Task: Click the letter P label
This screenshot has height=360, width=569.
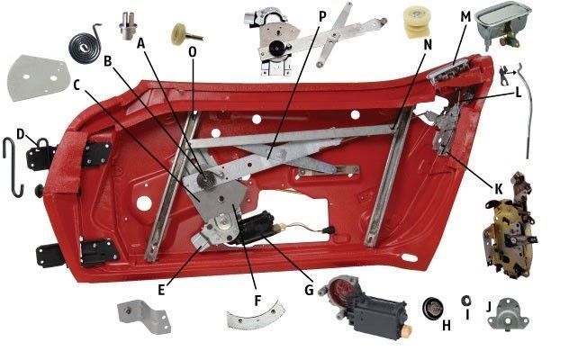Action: (x=322, y=16)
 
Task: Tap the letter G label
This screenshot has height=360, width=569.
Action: (x=309, y=290)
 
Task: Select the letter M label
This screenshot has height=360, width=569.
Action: (x=465, y=17)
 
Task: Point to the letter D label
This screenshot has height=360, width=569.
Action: (x=21, y=134)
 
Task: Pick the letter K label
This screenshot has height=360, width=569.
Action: (x=498, y=189)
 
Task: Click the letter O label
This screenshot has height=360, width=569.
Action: (x=193, y=52)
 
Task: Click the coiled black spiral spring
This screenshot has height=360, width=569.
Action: (x=85, y=45)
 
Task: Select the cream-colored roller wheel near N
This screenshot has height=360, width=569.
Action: (x=417, y=22)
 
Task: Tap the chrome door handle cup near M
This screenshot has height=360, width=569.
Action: (x=503, y=26)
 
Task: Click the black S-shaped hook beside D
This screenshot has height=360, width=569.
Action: (x=14, y=166)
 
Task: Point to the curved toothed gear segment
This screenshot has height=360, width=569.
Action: (x=256, y=317)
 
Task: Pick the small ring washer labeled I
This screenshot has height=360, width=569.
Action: (x=466, y=301)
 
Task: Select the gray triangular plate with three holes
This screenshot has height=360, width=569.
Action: (x=37, y=78)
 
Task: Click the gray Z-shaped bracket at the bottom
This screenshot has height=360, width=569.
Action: (x=144, y=317)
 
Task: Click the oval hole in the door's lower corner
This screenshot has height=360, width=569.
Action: (x=410, y=257)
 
